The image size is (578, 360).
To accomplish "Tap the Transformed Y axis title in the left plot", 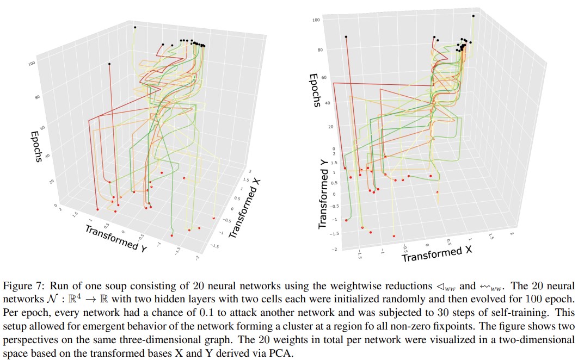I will [x=116, y=237].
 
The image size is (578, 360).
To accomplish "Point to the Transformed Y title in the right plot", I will [x=323, y=198].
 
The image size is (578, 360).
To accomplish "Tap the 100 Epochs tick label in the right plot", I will [x=315, y=20].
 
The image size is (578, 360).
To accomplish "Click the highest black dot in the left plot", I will [x=135, y=27].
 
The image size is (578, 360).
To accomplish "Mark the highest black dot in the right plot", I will [x=474, y=16].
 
